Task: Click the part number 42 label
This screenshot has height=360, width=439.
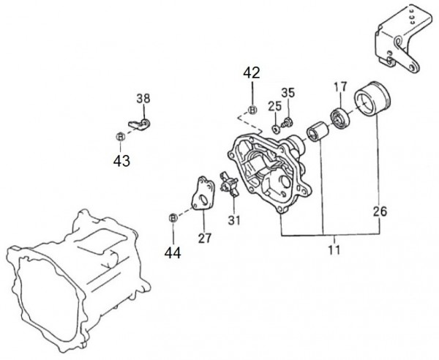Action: coord(252,72)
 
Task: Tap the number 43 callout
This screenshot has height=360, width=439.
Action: coord(121,161)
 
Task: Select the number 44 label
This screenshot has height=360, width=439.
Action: coord(173,253)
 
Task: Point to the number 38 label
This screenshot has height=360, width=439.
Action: coord(143,99)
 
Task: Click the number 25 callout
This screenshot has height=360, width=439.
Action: coord(274,106)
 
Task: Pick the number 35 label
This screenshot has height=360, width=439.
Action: coord(288,93)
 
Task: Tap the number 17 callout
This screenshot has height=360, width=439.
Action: coord(340,86)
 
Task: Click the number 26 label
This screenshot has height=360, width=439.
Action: coord(380,211)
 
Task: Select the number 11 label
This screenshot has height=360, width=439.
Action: coord(334,250)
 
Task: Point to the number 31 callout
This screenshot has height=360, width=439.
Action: coord(234,220)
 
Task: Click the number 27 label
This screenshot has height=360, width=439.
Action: coord(204,239)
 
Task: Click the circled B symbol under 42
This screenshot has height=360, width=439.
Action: coord(252,110)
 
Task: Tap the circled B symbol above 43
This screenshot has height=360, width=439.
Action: coord(120,137)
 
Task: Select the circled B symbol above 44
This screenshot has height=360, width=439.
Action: coord(173,218)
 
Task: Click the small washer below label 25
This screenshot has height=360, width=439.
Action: coord(276,130)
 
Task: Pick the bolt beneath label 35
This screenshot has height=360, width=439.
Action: coord(287,123)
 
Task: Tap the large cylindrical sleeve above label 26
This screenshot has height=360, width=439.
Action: coord(372,99)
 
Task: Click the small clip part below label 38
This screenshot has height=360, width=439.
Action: coord(139,124)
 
